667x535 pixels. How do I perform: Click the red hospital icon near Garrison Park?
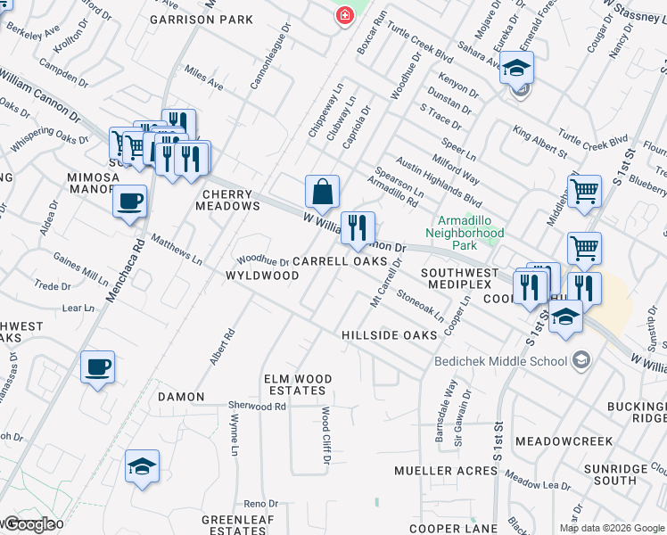point(342,17)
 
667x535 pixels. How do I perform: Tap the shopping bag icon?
point(322,191)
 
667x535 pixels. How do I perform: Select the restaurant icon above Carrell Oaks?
point(358,228)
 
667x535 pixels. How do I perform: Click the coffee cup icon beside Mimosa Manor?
point(130,201)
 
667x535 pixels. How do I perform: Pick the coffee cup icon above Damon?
point(98,366)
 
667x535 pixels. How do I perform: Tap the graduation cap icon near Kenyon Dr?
point(516,68)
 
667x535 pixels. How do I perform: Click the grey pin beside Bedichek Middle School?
point(581,360)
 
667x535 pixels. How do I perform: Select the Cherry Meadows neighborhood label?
point(231,200)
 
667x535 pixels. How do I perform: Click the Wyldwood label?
point(262,276)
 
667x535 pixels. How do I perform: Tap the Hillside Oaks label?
point(390,334)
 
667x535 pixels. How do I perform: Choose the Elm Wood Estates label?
point(298,385)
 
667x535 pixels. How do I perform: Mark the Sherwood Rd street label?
point(257,406)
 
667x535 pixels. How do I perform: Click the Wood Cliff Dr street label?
point(325,436)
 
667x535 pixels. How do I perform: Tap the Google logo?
point(29,524)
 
